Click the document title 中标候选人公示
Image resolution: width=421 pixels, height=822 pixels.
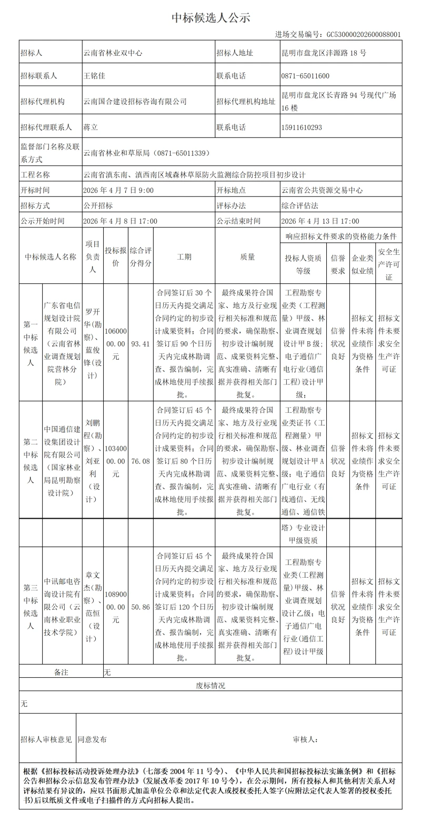point(210,18)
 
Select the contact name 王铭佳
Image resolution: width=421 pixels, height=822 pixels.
point(95,76)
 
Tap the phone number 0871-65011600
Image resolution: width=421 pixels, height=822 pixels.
point(305,76)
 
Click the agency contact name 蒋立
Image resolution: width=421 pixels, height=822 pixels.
point(91,127)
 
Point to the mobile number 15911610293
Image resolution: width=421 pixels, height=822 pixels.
point(302,127)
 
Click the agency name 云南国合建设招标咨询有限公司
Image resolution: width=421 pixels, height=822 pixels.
point(135,102)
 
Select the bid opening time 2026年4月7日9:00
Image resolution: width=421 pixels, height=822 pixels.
point(118,191)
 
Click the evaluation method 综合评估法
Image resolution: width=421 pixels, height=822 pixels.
point(299,206)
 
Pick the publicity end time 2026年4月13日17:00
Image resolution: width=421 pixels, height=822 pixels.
point(320,221)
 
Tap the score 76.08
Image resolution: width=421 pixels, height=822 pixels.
point(141,461)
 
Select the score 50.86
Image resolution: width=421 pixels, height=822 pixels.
point(141,607)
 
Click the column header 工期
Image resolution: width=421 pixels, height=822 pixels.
point(184,257)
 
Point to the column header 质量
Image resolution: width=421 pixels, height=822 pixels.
point(247,257)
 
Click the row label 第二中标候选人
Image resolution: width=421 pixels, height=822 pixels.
point(31,461)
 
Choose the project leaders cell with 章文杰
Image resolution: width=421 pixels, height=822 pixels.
point(93,607)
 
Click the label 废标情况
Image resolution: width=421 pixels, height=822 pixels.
point(210,686)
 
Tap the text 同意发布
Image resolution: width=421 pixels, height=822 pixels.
point(92,740)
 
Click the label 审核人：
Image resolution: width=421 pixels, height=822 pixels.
point(305,740)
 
